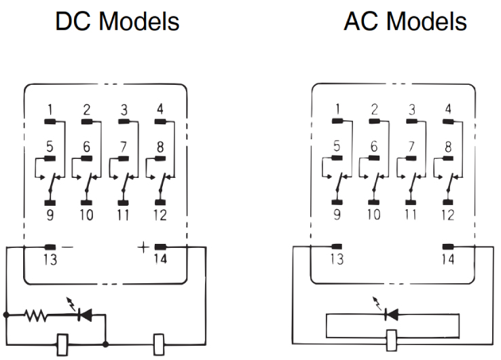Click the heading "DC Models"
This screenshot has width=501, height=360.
117,22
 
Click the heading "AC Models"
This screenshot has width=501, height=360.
405,22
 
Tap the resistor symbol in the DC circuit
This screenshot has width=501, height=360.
36,315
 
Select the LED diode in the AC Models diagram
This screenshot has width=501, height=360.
392,314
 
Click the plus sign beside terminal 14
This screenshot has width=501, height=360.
143,247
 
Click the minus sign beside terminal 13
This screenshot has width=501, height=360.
67,247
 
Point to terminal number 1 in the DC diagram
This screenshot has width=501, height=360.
50,110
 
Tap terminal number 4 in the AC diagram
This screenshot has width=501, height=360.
448,109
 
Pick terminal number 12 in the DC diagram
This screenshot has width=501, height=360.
160,215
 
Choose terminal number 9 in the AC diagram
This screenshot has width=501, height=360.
337,215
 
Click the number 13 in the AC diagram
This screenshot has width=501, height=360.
337,259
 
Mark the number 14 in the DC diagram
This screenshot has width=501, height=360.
160,259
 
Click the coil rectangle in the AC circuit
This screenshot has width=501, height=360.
392,341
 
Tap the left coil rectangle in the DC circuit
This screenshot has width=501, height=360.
62,345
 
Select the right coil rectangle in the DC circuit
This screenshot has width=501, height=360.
159,344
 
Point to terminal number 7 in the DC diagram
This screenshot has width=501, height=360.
124,147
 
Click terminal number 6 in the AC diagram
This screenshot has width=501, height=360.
374,146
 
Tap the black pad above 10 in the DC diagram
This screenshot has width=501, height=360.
86,202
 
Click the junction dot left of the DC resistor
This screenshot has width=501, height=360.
6,315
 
